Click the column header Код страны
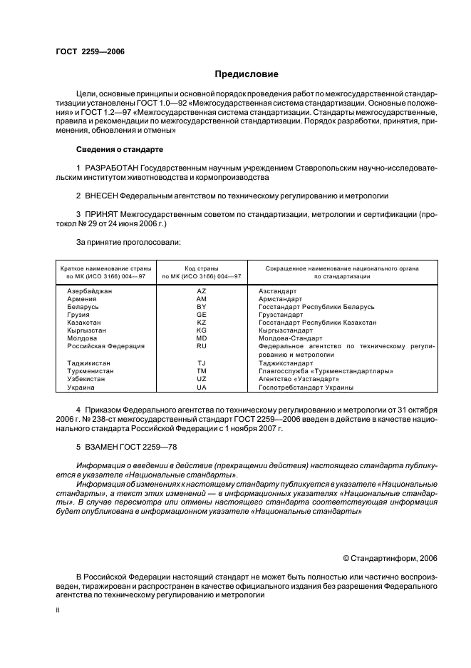point(202,268)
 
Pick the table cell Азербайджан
point(89,291)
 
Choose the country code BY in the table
point(202,307)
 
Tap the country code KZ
point(202,323)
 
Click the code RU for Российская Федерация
point(202,346)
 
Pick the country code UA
point(202,387)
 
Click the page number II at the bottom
point(58,611)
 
